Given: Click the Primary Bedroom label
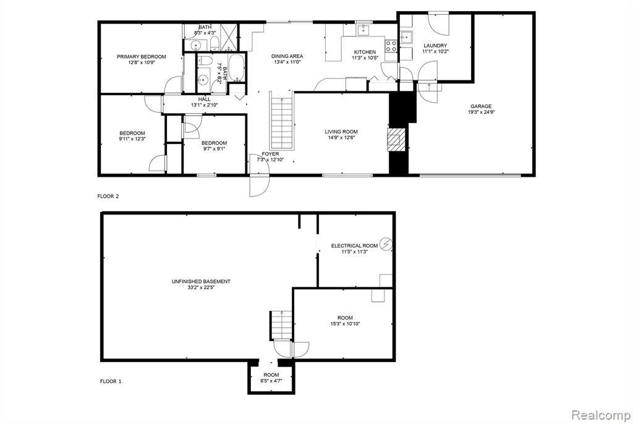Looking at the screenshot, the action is pyautogui.click(x=142, y=56).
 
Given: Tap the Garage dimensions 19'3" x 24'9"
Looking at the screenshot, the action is pyautogui.click(x=481, y=112).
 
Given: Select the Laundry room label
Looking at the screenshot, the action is pyautogui.click(x=435, y=46).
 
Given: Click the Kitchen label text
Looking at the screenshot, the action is pyautogui.click(x=365, y=52).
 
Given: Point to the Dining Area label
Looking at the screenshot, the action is pyautogui.click(x=287, y=56).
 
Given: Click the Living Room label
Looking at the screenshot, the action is pyautogui.click(x=341, y=132).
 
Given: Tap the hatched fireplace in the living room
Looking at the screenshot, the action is pyautogui.click(x=396, y=140).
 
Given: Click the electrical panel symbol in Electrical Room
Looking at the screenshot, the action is pyautogui.click(x=386, y=244).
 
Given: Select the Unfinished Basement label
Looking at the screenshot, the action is pyautogui.click(x=201, y=281).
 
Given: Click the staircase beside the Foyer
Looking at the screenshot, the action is pyautogui.click(x=281, y=121).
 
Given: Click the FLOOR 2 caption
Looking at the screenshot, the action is pyautogui.click(x=108, y=197).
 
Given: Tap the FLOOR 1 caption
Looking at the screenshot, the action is pyautogui.click(x=111, y=381).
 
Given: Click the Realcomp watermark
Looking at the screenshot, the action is pyautogui.click(x=601, y=415).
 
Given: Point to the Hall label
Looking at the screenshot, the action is pyautogui.click(x=204, y=100).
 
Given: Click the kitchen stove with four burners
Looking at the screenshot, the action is pyautogui.click(x=391, y=46).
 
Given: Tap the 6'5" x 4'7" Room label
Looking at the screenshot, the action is pyautogui.click(x=271, y=375).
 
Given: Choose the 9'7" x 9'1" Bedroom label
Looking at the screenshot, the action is pyautogui.click(x=215, y=143).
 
